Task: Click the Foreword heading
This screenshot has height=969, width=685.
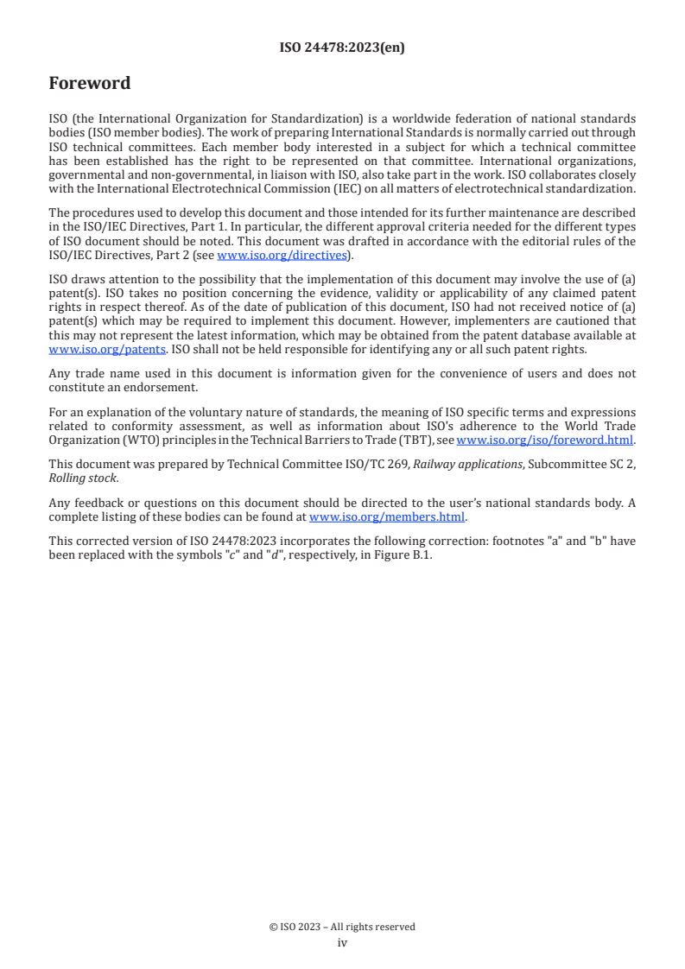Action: point(90,84)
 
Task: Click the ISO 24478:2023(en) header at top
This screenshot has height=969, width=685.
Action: point(342,48)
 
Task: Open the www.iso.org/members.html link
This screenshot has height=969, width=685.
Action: point(387,517)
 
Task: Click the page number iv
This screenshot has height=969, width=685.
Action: point(342,943)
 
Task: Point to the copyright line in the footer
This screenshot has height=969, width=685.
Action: point(342,927)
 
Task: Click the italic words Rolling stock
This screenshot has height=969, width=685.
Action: point(83,478)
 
